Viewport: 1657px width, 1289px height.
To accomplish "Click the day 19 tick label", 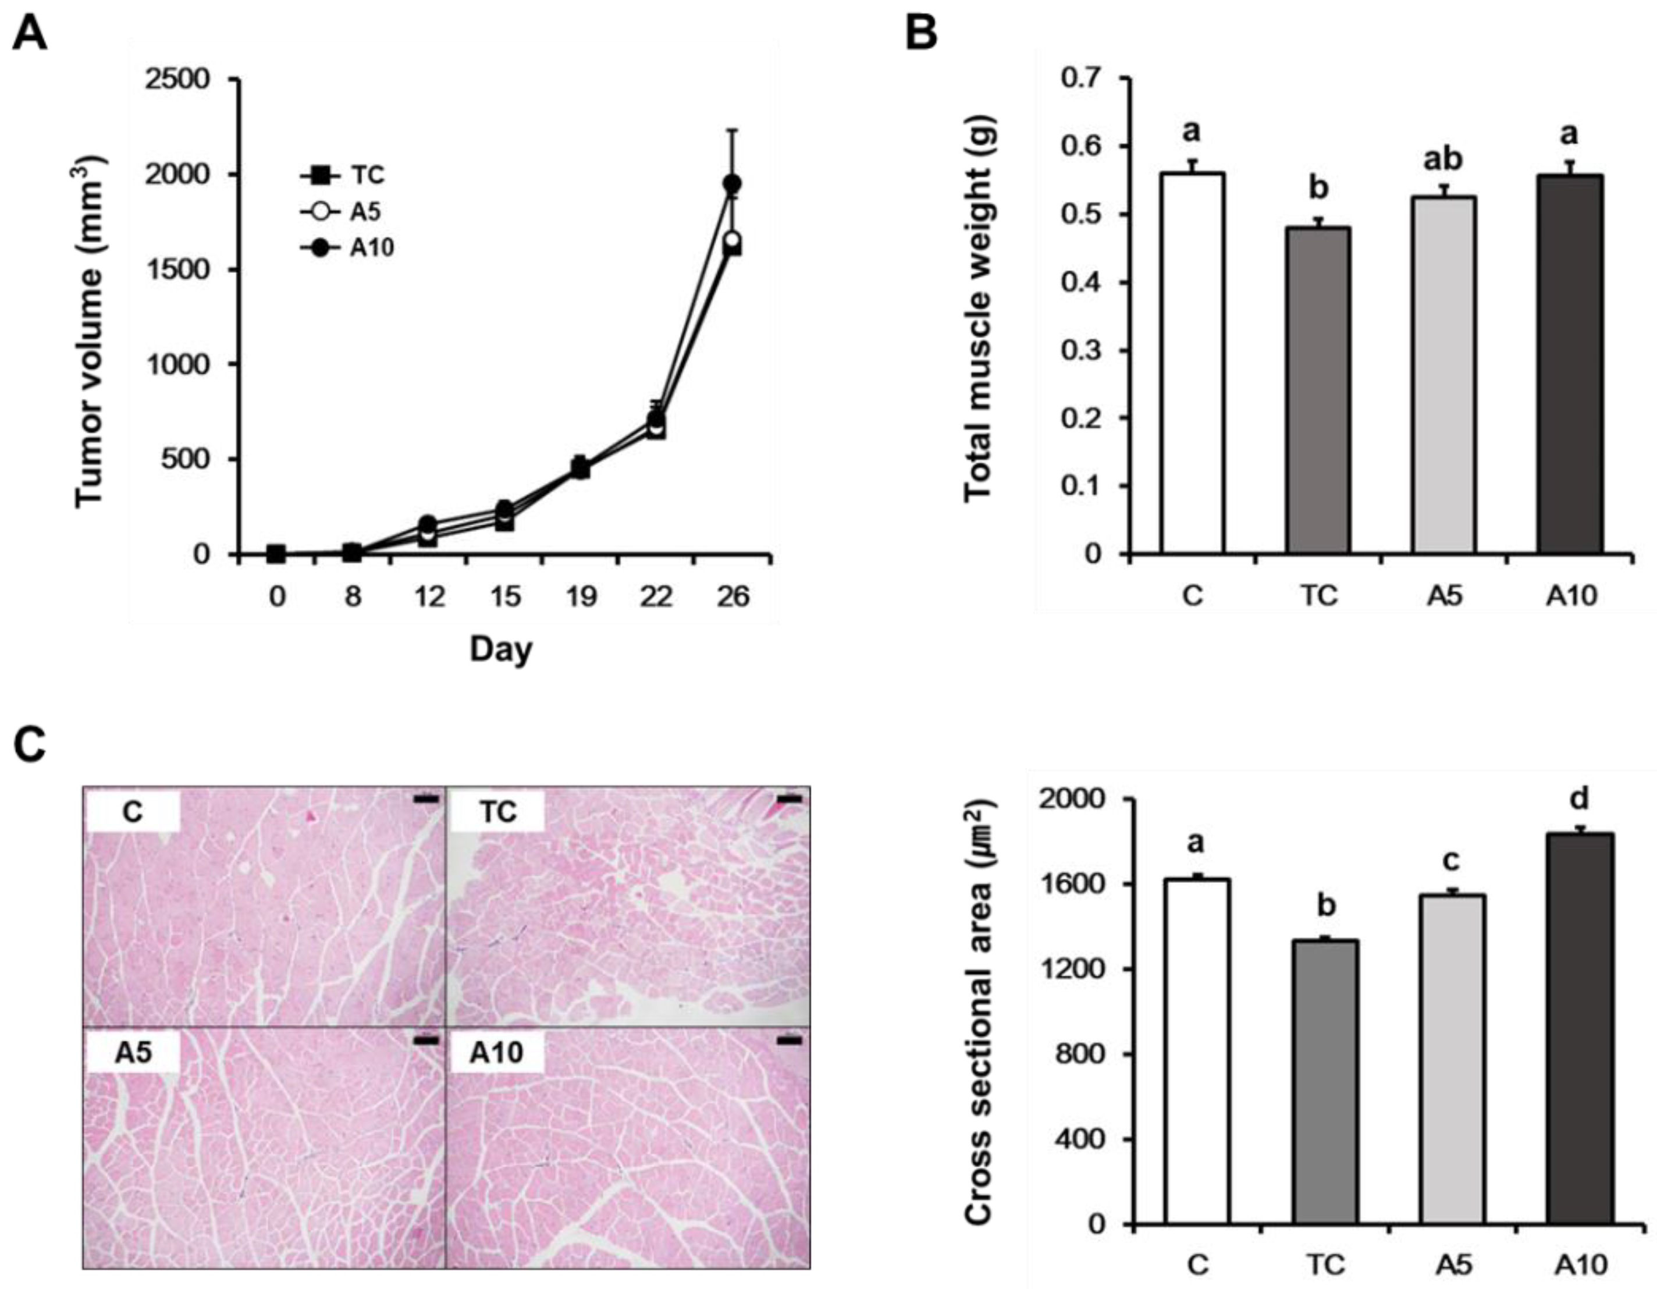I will [581, 598].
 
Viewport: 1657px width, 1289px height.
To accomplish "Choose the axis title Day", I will [501, 649].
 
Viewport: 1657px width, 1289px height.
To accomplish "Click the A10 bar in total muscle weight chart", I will [1570, 364].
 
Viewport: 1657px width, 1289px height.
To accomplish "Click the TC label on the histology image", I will [499, 812].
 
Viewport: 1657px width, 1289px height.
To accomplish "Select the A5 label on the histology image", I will [134, 1054].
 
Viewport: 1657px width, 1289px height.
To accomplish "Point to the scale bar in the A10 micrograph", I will [789, 1042].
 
